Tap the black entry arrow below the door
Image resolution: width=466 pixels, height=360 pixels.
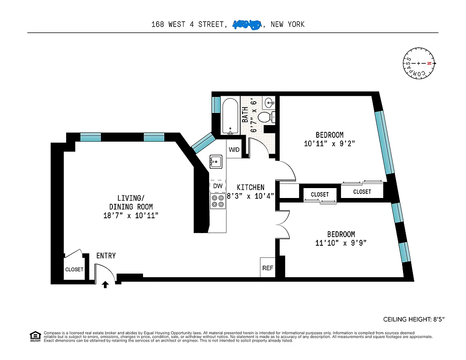tap(106, 284)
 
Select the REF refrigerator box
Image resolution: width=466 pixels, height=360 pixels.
tap(268, 268)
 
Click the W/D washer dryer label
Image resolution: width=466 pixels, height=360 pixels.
tap(234, 150)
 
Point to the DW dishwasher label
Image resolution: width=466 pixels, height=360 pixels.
tap(218, 186)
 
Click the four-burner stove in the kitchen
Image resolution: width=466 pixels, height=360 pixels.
tap(218, 201)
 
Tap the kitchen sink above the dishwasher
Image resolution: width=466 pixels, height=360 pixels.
tap(216, 161)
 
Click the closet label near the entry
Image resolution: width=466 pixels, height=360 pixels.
tap(74, 270)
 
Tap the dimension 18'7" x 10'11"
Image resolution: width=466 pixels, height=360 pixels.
tap(130, 215)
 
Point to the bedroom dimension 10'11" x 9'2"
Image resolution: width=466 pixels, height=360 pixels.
tap(329, 144)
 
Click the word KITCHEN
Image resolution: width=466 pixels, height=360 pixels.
tap(251, 187)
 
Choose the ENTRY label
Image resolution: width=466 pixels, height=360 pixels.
tap(106, 256)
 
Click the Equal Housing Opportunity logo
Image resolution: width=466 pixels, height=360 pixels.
tap(35, 336)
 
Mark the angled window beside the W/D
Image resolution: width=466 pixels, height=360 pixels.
tap(202, 141)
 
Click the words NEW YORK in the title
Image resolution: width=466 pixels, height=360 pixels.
tap(287, 24)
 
